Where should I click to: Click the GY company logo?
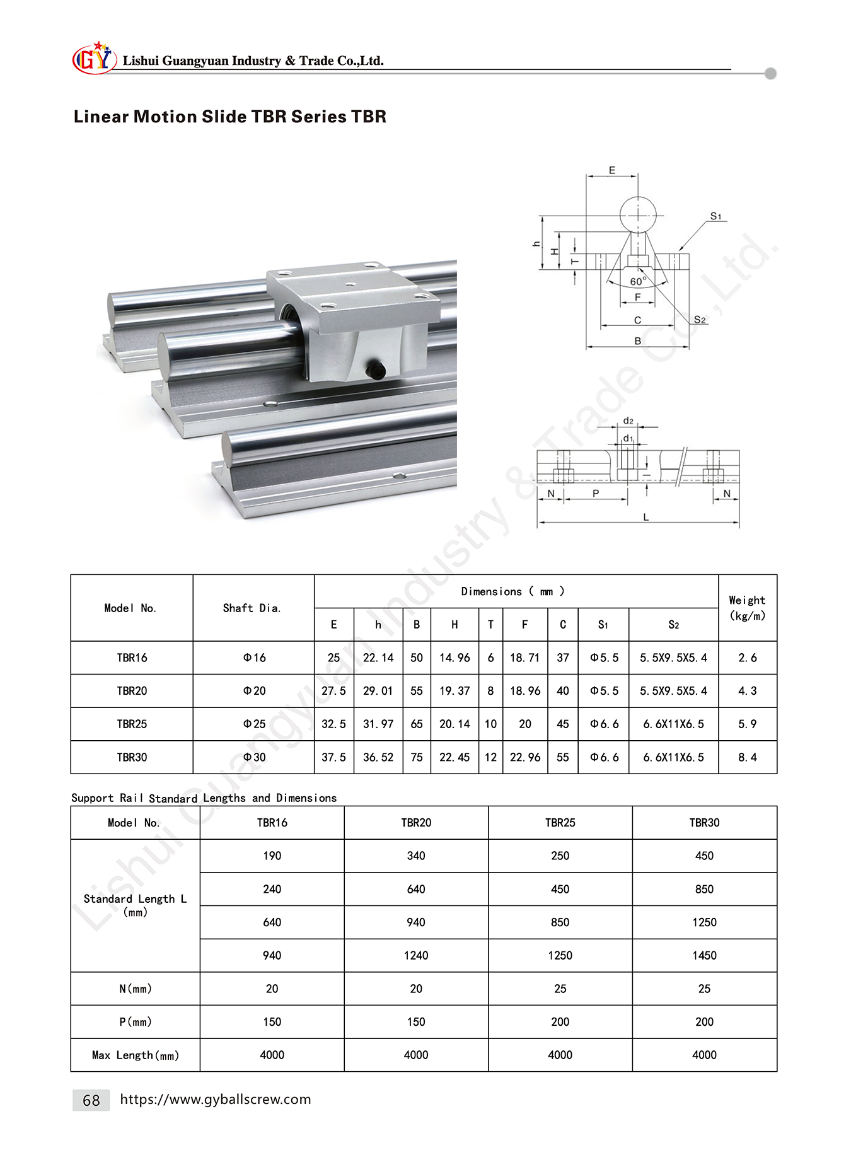tap(94, 59)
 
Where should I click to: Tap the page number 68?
tap(91, 1100)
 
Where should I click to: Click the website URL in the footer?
tap(215, 1099)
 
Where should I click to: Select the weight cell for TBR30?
tap(748, 757)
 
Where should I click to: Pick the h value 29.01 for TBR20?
tap(378, 691)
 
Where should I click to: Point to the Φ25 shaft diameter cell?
tap(255, 724)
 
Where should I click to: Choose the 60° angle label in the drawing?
tap(638, 281)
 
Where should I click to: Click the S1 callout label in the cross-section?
tap(715, 216)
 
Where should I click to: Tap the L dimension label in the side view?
tap(646, 517)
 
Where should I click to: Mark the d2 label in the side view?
tap(628, 421)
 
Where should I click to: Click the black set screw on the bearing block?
tap(376, 369)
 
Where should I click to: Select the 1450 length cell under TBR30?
tap(704, 956)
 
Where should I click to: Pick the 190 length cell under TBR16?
tap(272, 856)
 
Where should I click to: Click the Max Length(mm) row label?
tap(136, 1055)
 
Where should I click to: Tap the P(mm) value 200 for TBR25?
tap(560, 1022)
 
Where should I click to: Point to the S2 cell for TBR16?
tap(673, 658)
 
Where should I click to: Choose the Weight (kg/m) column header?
tap(747, 608)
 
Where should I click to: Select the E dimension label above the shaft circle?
tap(612, 170)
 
